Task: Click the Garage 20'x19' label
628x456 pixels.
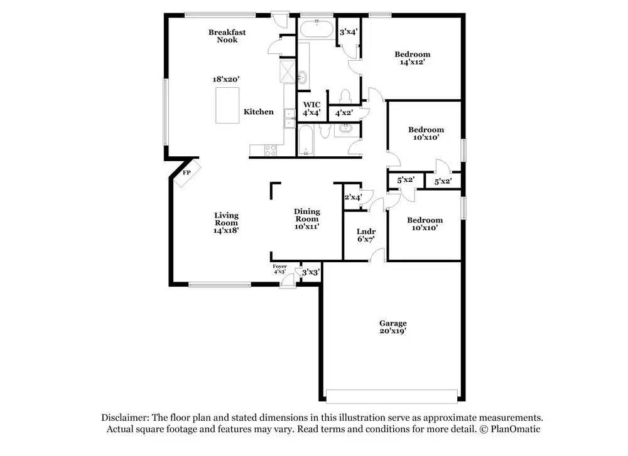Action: [392, 327]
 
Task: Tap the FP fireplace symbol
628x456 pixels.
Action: [187, 172]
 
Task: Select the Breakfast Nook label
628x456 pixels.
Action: [227, 36]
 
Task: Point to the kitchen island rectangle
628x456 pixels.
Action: [227, 105]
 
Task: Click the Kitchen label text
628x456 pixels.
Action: [259, 112]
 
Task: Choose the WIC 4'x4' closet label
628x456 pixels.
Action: [312, 109]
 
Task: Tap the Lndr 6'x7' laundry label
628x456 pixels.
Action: [365, 235]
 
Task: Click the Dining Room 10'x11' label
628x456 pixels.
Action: [307, 219]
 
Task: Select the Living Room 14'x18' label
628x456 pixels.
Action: [226, 223]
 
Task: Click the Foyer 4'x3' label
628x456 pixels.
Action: [279, 269]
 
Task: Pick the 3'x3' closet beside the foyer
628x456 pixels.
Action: [311, 272]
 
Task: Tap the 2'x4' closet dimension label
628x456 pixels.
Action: [353, 197]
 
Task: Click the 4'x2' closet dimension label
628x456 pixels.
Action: [344, 113]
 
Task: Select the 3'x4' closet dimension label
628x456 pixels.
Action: [349, 31]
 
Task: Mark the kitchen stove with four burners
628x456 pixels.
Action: [271, 150]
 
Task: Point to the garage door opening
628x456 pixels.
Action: [392, 396]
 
